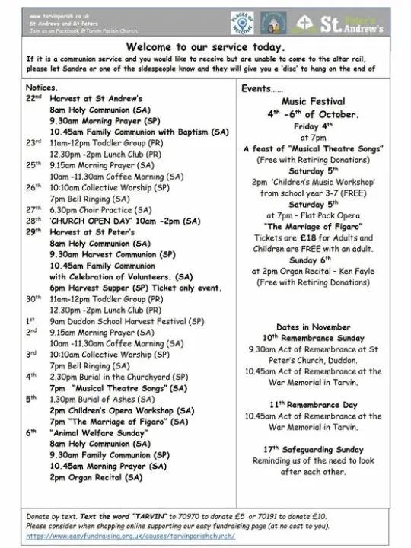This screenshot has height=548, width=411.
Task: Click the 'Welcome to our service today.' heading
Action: click(x=205, y=46)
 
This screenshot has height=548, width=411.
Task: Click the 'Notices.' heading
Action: click(x=42, y=88)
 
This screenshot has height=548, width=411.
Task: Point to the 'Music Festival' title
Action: click(x=313, y=101)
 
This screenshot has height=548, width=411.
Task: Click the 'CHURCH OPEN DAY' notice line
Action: click(x=125, y=221)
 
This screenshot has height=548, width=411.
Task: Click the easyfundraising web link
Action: click(x=131, y=537)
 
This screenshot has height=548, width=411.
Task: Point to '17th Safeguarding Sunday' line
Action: click(x=313, y=449)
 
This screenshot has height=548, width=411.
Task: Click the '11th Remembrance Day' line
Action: click(x=313, y=405)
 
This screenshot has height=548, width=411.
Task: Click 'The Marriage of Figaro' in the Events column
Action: click(x=313, y=226)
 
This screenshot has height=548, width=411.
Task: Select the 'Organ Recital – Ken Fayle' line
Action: click(x=313, y=270)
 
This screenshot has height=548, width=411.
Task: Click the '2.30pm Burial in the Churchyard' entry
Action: click(x=119, y=377)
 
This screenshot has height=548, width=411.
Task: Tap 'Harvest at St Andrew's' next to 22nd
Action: click(x=96, y=99)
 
